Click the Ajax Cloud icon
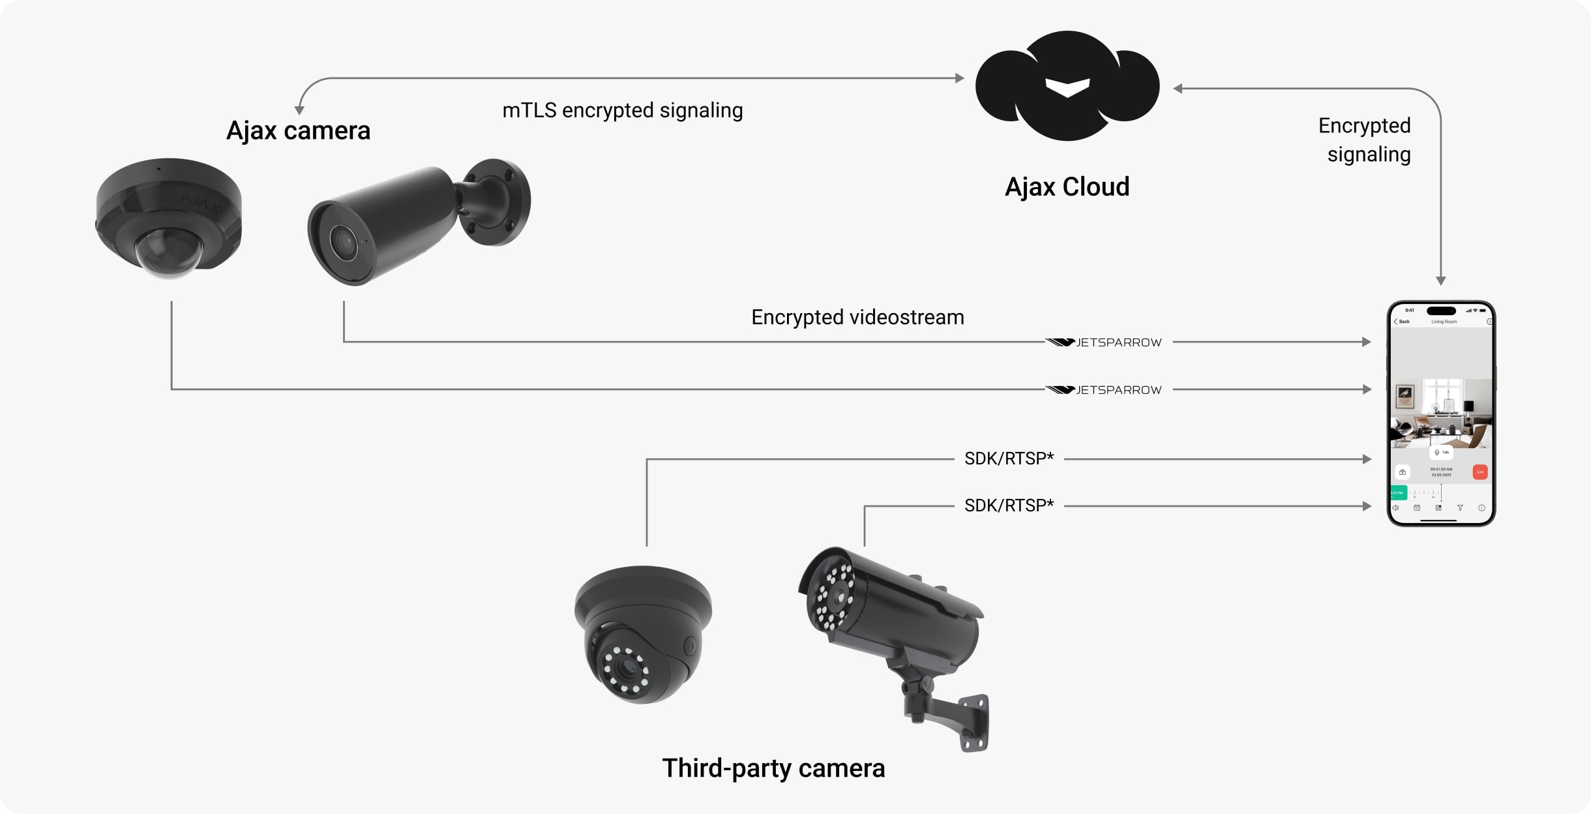point(1067,86)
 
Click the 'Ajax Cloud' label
point(1067,187)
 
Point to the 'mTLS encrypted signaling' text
point(622,110)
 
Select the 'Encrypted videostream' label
point(857,317)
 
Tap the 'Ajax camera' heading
point(298,130)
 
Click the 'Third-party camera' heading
point(773,768)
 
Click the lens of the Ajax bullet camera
point(343,243)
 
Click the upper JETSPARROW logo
point(1105,342)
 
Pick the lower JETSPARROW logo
point(1105,390)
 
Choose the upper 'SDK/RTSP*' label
point(1009,459)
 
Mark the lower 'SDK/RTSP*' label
point(1009,505)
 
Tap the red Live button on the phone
point(1479,472)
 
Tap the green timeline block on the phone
point(1398,492)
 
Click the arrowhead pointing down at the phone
point(1441,280)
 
